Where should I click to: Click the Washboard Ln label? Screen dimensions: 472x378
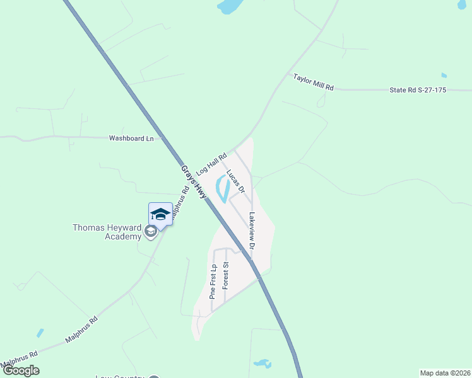pos(131,138)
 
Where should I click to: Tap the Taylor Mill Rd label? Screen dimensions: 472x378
pos(313,82)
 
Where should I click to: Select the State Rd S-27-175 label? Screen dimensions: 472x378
pos(417,90)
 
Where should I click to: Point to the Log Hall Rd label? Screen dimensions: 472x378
pos(211,163)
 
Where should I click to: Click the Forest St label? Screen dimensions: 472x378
pos(225,276)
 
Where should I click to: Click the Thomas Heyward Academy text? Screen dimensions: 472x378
pos(107,232)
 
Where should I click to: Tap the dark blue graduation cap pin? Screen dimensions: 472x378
pos(160,214)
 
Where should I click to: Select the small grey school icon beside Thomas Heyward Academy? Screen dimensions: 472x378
pos(150,232)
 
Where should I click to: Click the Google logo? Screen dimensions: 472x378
pos(21,370)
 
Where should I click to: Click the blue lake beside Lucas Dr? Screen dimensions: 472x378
pos(223,189)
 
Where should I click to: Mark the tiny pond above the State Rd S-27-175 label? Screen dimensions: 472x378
pos(444,75)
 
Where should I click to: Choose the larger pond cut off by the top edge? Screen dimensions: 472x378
pos(230,7)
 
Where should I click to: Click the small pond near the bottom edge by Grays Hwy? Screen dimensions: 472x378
pos(262,364)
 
